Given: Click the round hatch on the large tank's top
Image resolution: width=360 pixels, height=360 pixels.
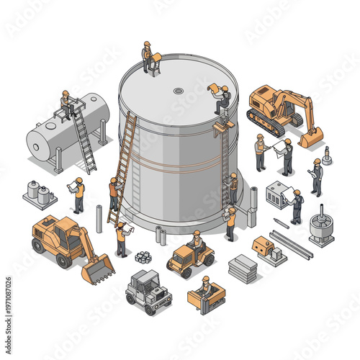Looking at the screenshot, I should (x=178, y=91).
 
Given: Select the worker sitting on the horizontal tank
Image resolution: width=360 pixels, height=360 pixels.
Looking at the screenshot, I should (x=67, y=104).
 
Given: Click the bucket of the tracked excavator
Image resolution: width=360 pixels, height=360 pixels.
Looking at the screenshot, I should (x=311, y=138).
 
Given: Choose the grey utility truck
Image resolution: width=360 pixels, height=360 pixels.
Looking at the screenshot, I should (x=148, y=291).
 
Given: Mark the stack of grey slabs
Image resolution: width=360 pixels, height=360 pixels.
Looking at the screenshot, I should (x=243, y=268).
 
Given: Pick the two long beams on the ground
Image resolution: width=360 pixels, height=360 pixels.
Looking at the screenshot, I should (x=291, y=245).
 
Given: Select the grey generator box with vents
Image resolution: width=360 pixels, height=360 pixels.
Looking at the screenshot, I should (x=277, y=194).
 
